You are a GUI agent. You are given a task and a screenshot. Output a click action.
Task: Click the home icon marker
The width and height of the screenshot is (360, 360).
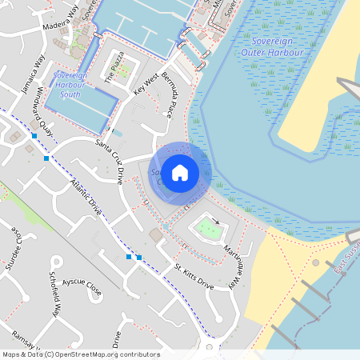click(x=180, y=172)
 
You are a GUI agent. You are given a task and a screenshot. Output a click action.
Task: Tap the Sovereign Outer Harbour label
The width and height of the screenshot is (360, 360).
click(x=273, y=46)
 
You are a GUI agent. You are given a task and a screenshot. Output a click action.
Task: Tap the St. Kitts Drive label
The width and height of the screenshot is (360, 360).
click(x=189, y=278)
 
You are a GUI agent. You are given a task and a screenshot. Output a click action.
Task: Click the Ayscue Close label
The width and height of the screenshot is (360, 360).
click(x=82, y=287)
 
